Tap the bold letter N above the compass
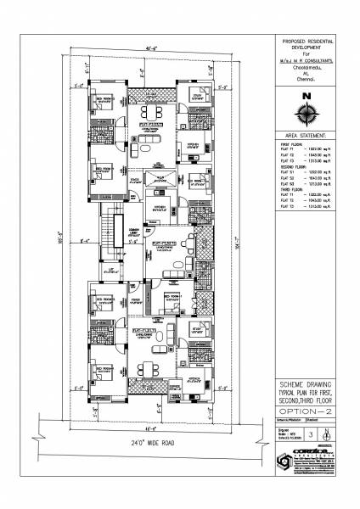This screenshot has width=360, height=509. pyautogui.click(x=307, y=94)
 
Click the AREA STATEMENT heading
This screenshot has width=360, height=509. pyautogui.click(x=306, y=135)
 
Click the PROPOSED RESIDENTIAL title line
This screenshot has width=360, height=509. pyautogui.click(x=307, y=41)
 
